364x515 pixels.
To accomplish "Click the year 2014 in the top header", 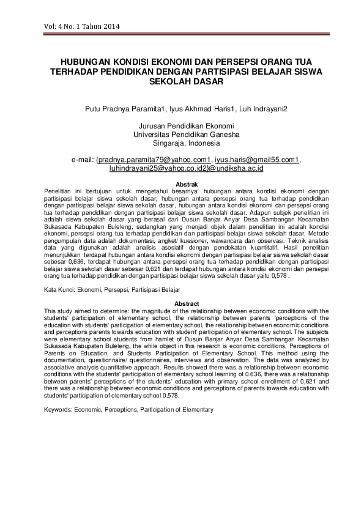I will point(111,26).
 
